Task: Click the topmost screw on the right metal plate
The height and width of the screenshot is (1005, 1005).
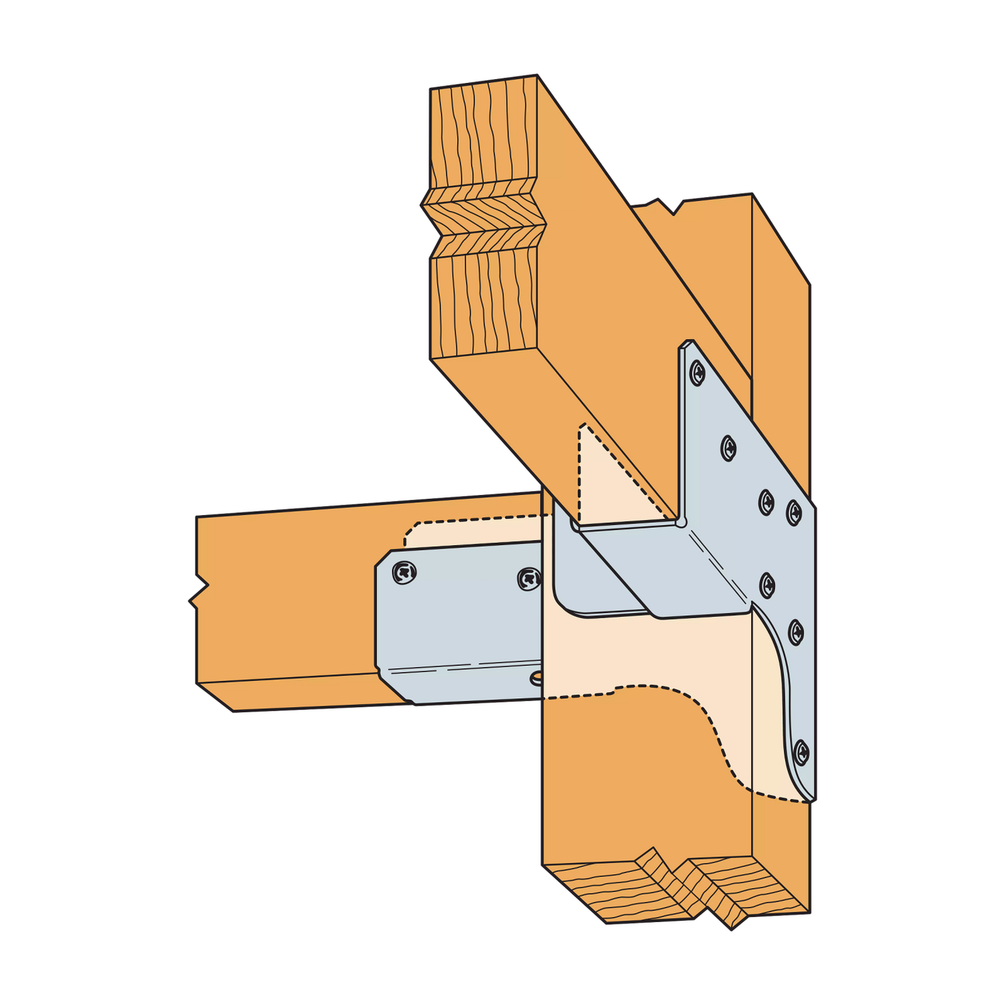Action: (x=697, y=371)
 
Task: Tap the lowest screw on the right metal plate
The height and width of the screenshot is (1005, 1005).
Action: (x=801, y=752)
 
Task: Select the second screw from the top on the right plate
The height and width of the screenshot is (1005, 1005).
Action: (x=728, y=448)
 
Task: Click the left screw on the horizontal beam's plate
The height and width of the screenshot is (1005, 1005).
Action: (x=404, y=573)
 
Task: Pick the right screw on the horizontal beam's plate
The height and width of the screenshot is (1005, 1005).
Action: (x=529, y=578)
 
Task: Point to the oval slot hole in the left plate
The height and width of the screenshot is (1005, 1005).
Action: (x=537, y=678)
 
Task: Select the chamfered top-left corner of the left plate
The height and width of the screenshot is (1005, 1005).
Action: (x=382, y=560)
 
